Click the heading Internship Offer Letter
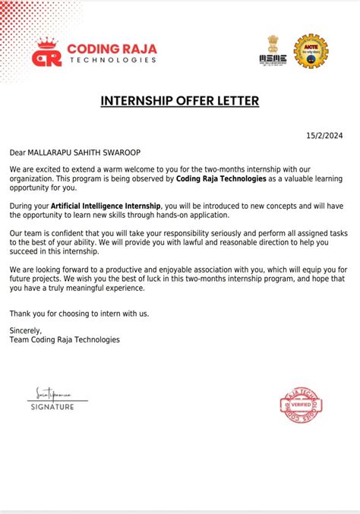pos(180,101)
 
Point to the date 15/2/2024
pos(324,136)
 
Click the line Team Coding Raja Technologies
pos(65,340)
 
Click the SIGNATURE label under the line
pos(52,408)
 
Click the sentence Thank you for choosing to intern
pos(80,313)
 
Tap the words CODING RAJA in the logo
pos(112,49)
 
